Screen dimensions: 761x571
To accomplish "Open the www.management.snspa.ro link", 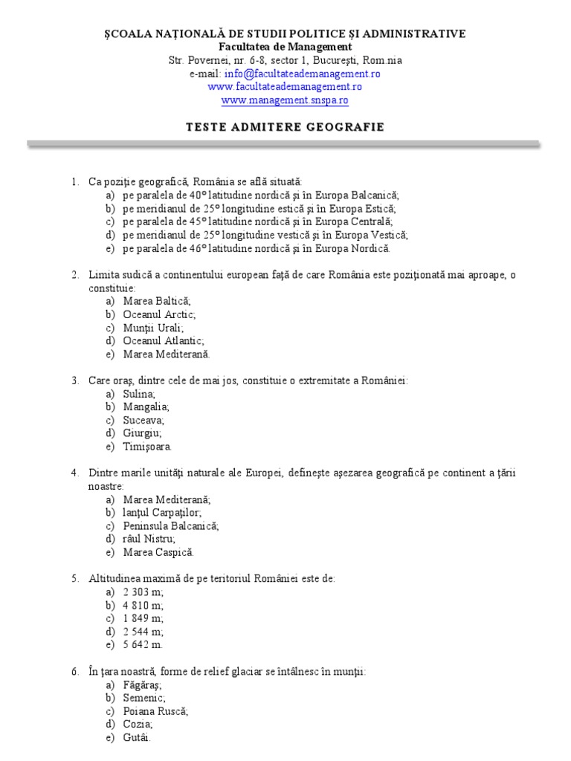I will (x=285, y=100).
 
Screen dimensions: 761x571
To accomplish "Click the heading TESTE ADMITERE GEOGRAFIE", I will (x=285, y=126).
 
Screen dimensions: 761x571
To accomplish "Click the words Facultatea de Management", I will (x=285, y=47).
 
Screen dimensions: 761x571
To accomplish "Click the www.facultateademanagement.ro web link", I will (x=285, y=87).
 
